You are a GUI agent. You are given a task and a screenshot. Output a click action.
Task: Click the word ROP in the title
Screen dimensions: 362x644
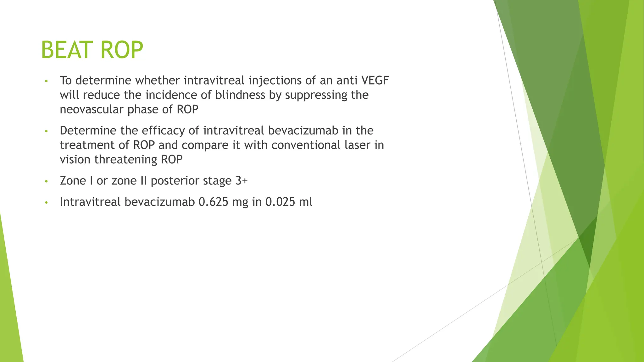(x=122, y=50)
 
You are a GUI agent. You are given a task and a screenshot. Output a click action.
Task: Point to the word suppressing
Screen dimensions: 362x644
(x=315, y=95)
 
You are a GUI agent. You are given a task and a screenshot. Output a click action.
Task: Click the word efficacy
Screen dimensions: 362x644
(x=163, y=130)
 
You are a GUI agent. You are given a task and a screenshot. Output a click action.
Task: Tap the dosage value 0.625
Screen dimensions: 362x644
(x=213, y=202)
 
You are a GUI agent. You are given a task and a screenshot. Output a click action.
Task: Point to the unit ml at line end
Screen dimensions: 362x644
(x=306, y=202)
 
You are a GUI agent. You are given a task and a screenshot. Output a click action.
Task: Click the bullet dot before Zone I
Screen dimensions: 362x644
(x=46, y=182)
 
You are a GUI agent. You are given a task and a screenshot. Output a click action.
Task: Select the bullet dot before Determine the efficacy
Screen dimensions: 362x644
(x=46, y=131)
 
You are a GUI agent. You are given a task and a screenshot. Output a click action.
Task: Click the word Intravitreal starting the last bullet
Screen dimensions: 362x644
(x=90, y=202)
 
